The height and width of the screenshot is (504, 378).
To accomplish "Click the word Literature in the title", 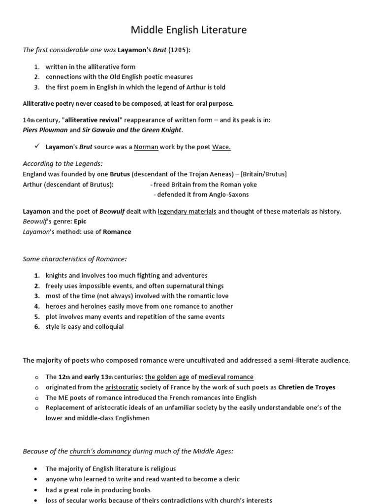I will coord(223,31).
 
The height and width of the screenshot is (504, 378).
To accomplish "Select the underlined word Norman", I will coord(146,147).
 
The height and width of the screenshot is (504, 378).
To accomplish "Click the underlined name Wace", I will coord(221,147).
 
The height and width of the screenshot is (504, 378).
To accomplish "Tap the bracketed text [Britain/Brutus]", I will coord(264,174).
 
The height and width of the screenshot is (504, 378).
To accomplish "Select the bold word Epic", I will coord(80,221).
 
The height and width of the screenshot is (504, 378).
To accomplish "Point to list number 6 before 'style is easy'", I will coord(36,327).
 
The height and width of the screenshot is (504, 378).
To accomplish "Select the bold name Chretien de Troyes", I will coord(307,387).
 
